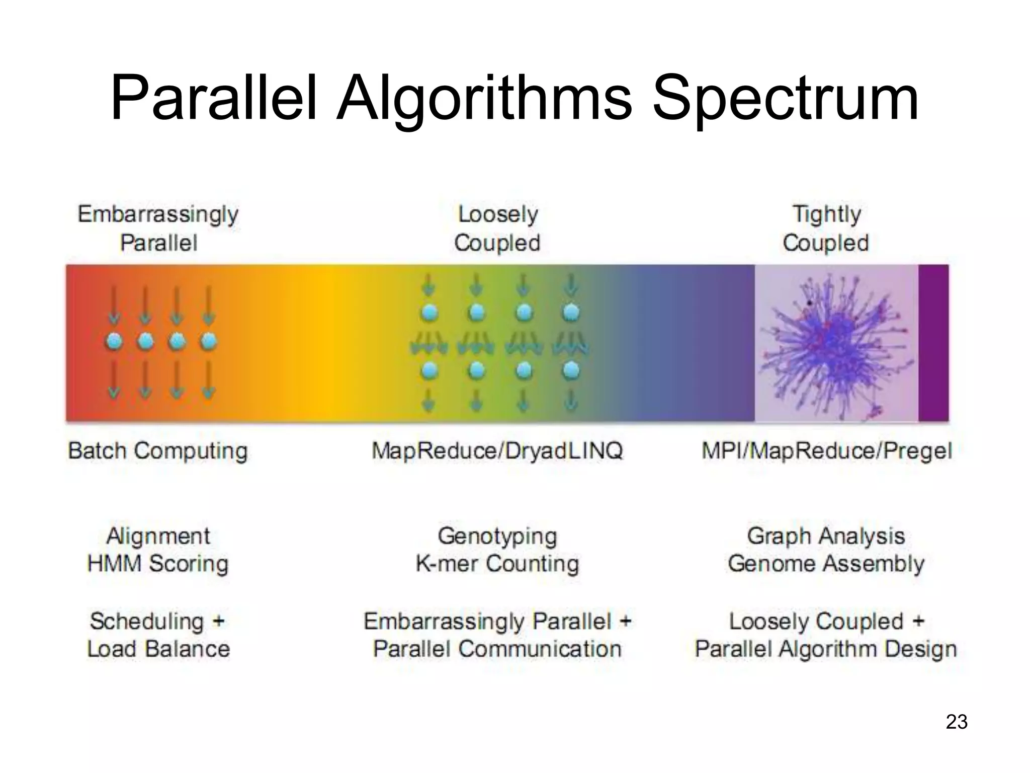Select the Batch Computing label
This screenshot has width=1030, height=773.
pos(158,450)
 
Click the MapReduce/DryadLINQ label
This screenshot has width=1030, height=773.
pos(497,450)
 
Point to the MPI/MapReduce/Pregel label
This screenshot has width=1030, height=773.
pos(826,450)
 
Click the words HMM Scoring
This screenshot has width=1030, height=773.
pos(158,563)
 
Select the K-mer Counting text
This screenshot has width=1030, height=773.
pos(497,563)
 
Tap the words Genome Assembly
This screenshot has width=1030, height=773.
pos(826,563)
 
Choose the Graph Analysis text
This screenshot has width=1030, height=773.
pos(826,535)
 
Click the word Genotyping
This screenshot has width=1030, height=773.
pos(497,535)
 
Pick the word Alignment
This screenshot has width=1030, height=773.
pos(158,535)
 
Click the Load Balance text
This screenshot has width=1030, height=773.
pos(158,649)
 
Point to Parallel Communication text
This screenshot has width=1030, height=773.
pos(497,649)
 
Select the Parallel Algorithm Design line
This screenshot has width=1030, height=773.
pos(826,649)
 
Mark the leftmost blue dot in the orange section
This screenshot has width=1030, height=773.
pos(114,342)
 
